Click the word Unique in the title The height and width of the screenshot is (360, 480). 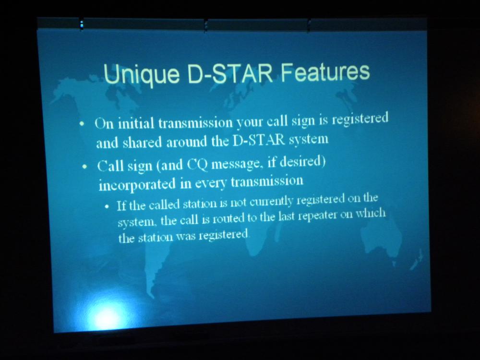tap(142, 74)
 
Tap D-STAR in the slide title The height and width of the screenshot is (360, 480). tap(230, 73)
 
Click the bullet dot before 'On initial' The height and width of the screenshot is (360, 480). tap(82, 125)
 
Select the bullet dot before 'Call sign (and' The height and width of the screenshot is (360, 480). tap(85, 168)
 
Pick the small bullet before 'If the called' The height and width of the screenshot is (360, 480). tap(107, 206)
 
